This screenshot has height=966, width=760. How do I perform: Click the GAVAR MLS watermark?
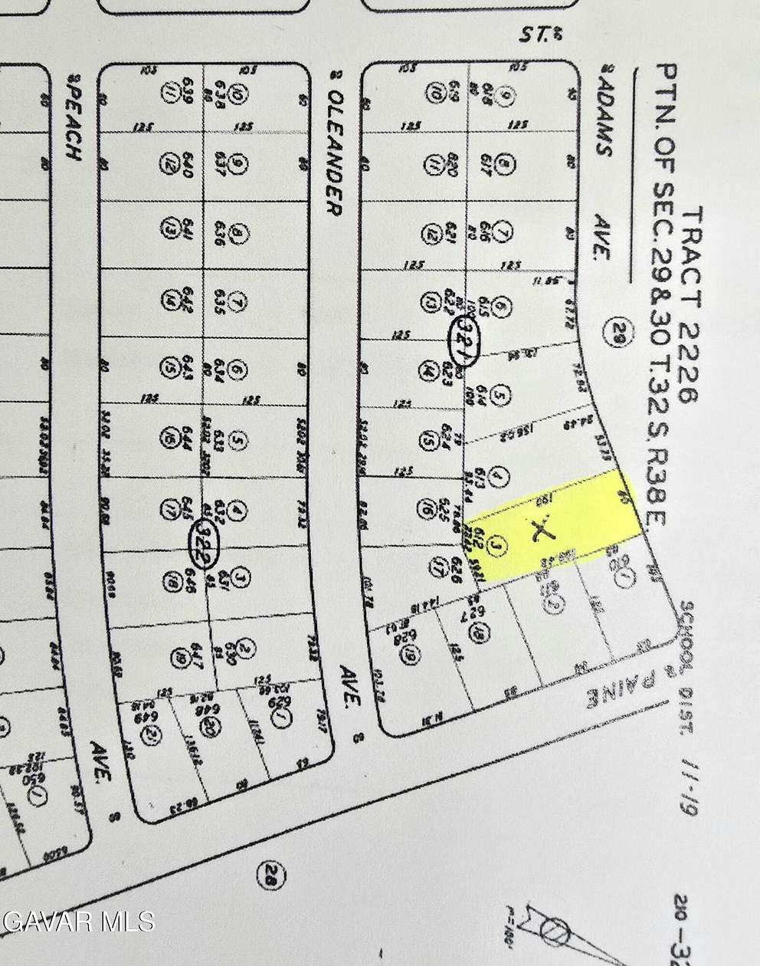pos(77,919)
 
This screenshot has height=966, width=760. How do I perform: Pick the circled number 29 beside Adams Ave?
pos(618,332)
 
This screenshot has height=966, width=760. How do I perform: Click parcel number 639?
pos(186,95)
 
